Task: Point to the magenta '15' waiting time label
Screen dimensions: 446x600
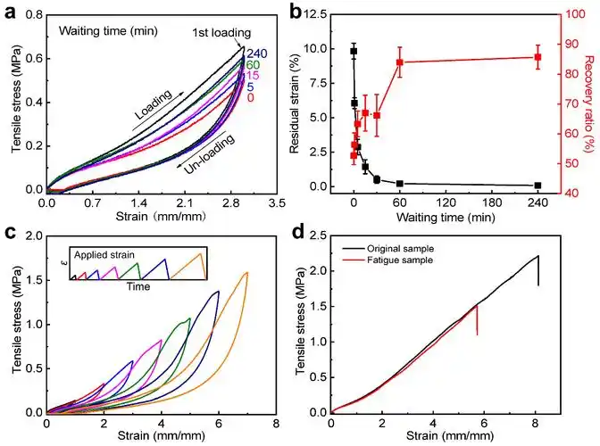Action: pos(253,76)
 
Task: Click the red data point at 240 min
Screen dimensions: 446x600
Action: pos(537,57)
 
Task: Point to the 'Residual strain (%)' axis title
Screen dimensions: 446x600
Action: pos(306,103)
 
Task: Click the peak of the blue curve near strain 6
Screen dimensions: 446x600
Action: pos(217,292)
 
